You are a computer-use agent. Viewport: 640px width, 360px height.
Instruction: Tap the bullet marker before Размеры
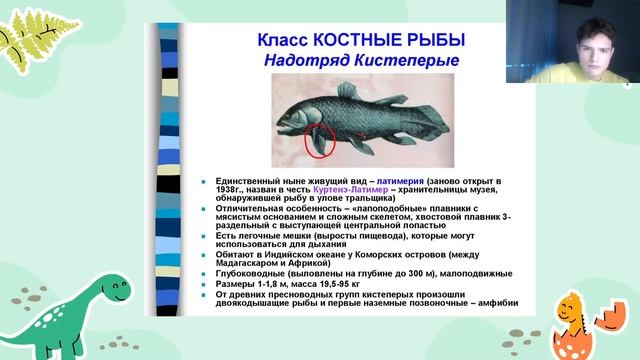pyautogui.click(x=202, y=284)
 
